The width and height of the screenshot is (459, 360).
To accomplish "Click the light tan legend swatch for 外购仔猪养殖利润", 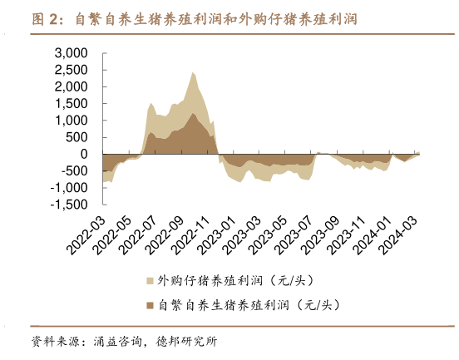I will click(x=150, y=281).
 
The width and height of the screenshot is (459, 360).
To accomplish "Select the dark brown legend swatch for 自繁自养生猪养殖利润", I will click(x=150, y=306).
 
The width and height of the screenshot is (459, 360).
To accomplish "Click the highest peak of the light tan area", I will click(x=193, y=72).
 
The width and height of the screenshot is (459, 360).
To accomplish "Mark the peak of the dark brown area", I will click(x=193, y=112).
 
